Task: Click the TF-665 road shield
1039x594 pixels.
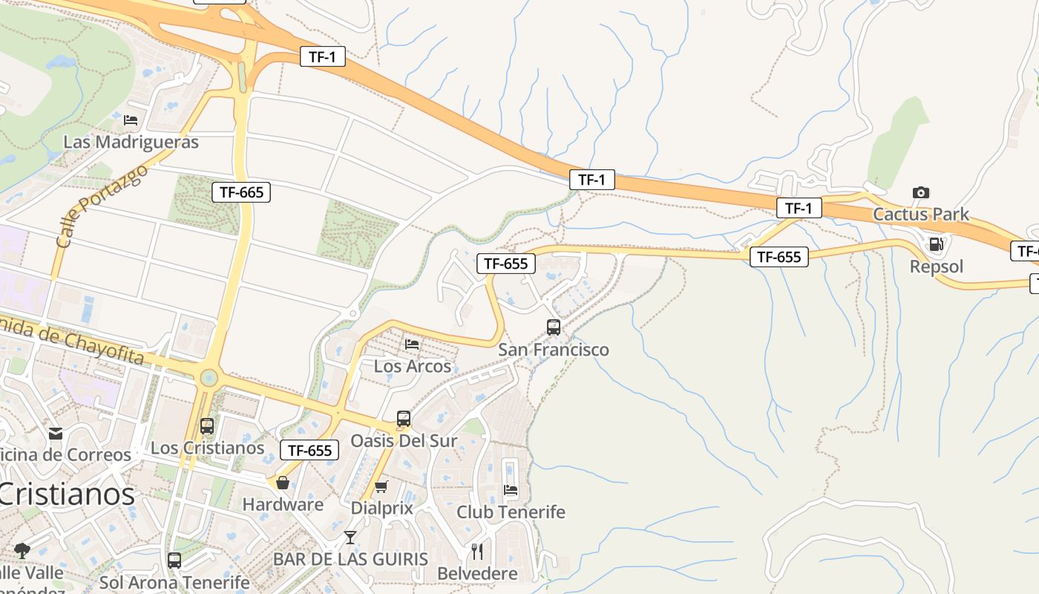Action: click(x=241, y=192)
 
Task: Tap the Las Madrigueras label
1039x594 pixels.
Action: click(x=131, y=142)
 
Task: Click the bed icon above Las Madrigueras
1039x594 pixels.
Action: click(x=131, y=120)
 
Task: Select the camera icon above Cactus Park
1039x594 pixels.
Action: click(x=920, y=192)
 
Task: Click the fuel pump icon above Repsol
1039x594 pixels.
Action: click(x=937, y=244)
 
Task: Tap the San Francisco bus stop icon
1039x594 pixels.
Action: click(x=554, y=327)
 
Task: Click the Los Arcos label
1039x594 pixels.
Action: click(x=412, y=366)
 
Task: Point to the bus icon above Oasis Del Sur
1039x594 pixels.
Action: click(x=404, y=419)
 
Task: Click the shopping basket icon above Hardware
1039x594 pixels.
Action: click(x=283, y=483)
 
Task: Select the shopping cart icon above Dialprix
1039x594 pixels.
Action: click(x=381, y=486)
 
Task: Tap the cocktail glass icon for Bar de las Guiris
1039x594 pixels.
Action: click(x=350, y=537)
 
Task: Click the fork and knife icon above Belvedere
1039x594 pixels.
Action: click(x=477, y=551)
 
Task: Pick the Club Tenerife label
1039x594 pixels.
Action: click(x=511, y=512)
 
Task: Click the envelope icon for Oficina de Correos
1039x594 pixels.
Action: click(x=56, y=433)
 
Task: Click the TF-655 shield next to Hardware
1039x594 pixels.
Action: click(x=309, y=450)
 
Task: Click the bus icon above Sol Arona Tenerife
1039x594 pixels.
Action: click(x=174, y=561)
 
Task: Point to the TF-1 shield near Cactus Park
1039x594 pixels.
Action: click(x=799, y=209)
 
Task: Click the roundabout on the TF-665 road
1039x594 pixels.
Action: click(x=209, y=378)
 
